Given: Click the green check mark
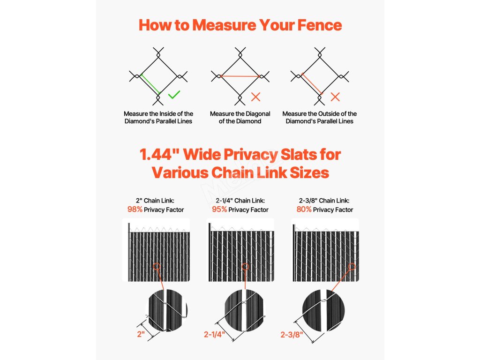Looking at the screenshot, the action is (x=174, y=95).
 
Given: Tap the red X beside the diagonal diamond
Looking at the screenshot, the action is (x=255, y=97).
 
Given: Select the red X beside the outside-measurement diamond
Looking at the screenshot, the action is (x=335, y=97).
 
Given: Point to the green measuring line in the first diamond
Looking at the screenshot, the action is (x=150, y=84).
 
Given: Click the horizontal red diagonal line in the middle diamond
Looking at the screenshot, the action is (x=240, y=76).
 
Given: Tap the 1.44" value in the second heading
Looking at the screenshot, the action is (x=159, y=154).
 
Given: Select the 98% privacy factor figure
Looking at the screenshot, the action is (x=135, y=210).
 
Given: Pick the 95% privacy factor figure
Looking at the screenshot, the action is (x=219, y=210).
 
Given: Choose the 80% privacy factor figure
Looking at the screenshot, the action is (x=304, y=210).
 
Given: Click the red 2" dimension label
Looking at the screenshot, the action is (x=141, y=334).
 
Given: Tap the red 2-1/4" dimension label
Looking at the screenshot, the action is (x=215, y=334).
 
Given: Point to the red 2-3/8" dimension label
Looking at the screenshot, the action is (x=292, y=335).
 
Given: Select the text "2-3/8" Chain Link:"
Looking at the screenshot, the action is (x=324, y=201).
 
